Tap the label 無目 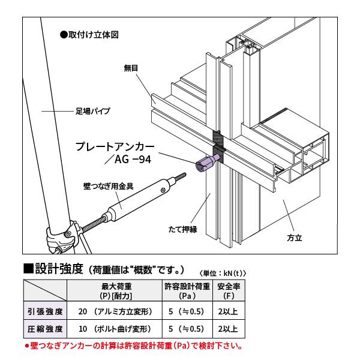(131, 68)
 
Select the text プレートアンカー (115, 146)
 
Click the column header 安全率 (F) (228, 291)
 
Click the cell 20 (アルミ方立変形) (116, 311)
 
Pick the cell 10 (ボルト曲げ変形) (116, 329)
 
